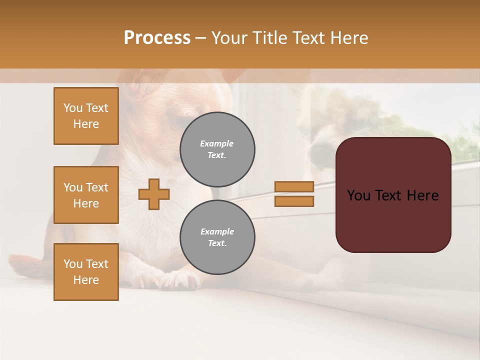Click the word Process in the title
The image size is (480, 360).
pyautogui.click(x=157, y=38)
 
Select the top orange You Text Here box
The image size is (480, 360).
pyautogui.click(x=86, y=116)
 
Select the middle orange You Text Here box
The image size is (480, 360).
pyautogui.click(x=86, y=195)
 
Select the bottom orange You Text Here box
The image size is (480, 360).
pyautogui.click(x=86, y=272)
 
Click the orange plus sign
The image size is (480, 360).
pyautogui.click(x=154, y=194)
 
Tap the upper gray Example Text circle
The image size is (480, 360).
pyautogui.click(x=217, y=149)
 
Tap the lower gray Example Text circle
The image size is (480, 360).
pyautogui.click(x=217, y=237)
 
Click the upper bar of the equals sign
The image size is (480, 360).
pyautogui.click(x=294, y=186)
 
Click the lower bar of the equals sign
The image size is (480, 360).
pyautogui.click(x=294, y=201)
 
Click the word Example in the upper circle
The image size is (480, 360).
pyautogui.click(x=217, y=144)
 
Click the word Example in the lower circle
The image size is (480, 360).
pyautogui.click(x=217, y=232)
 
